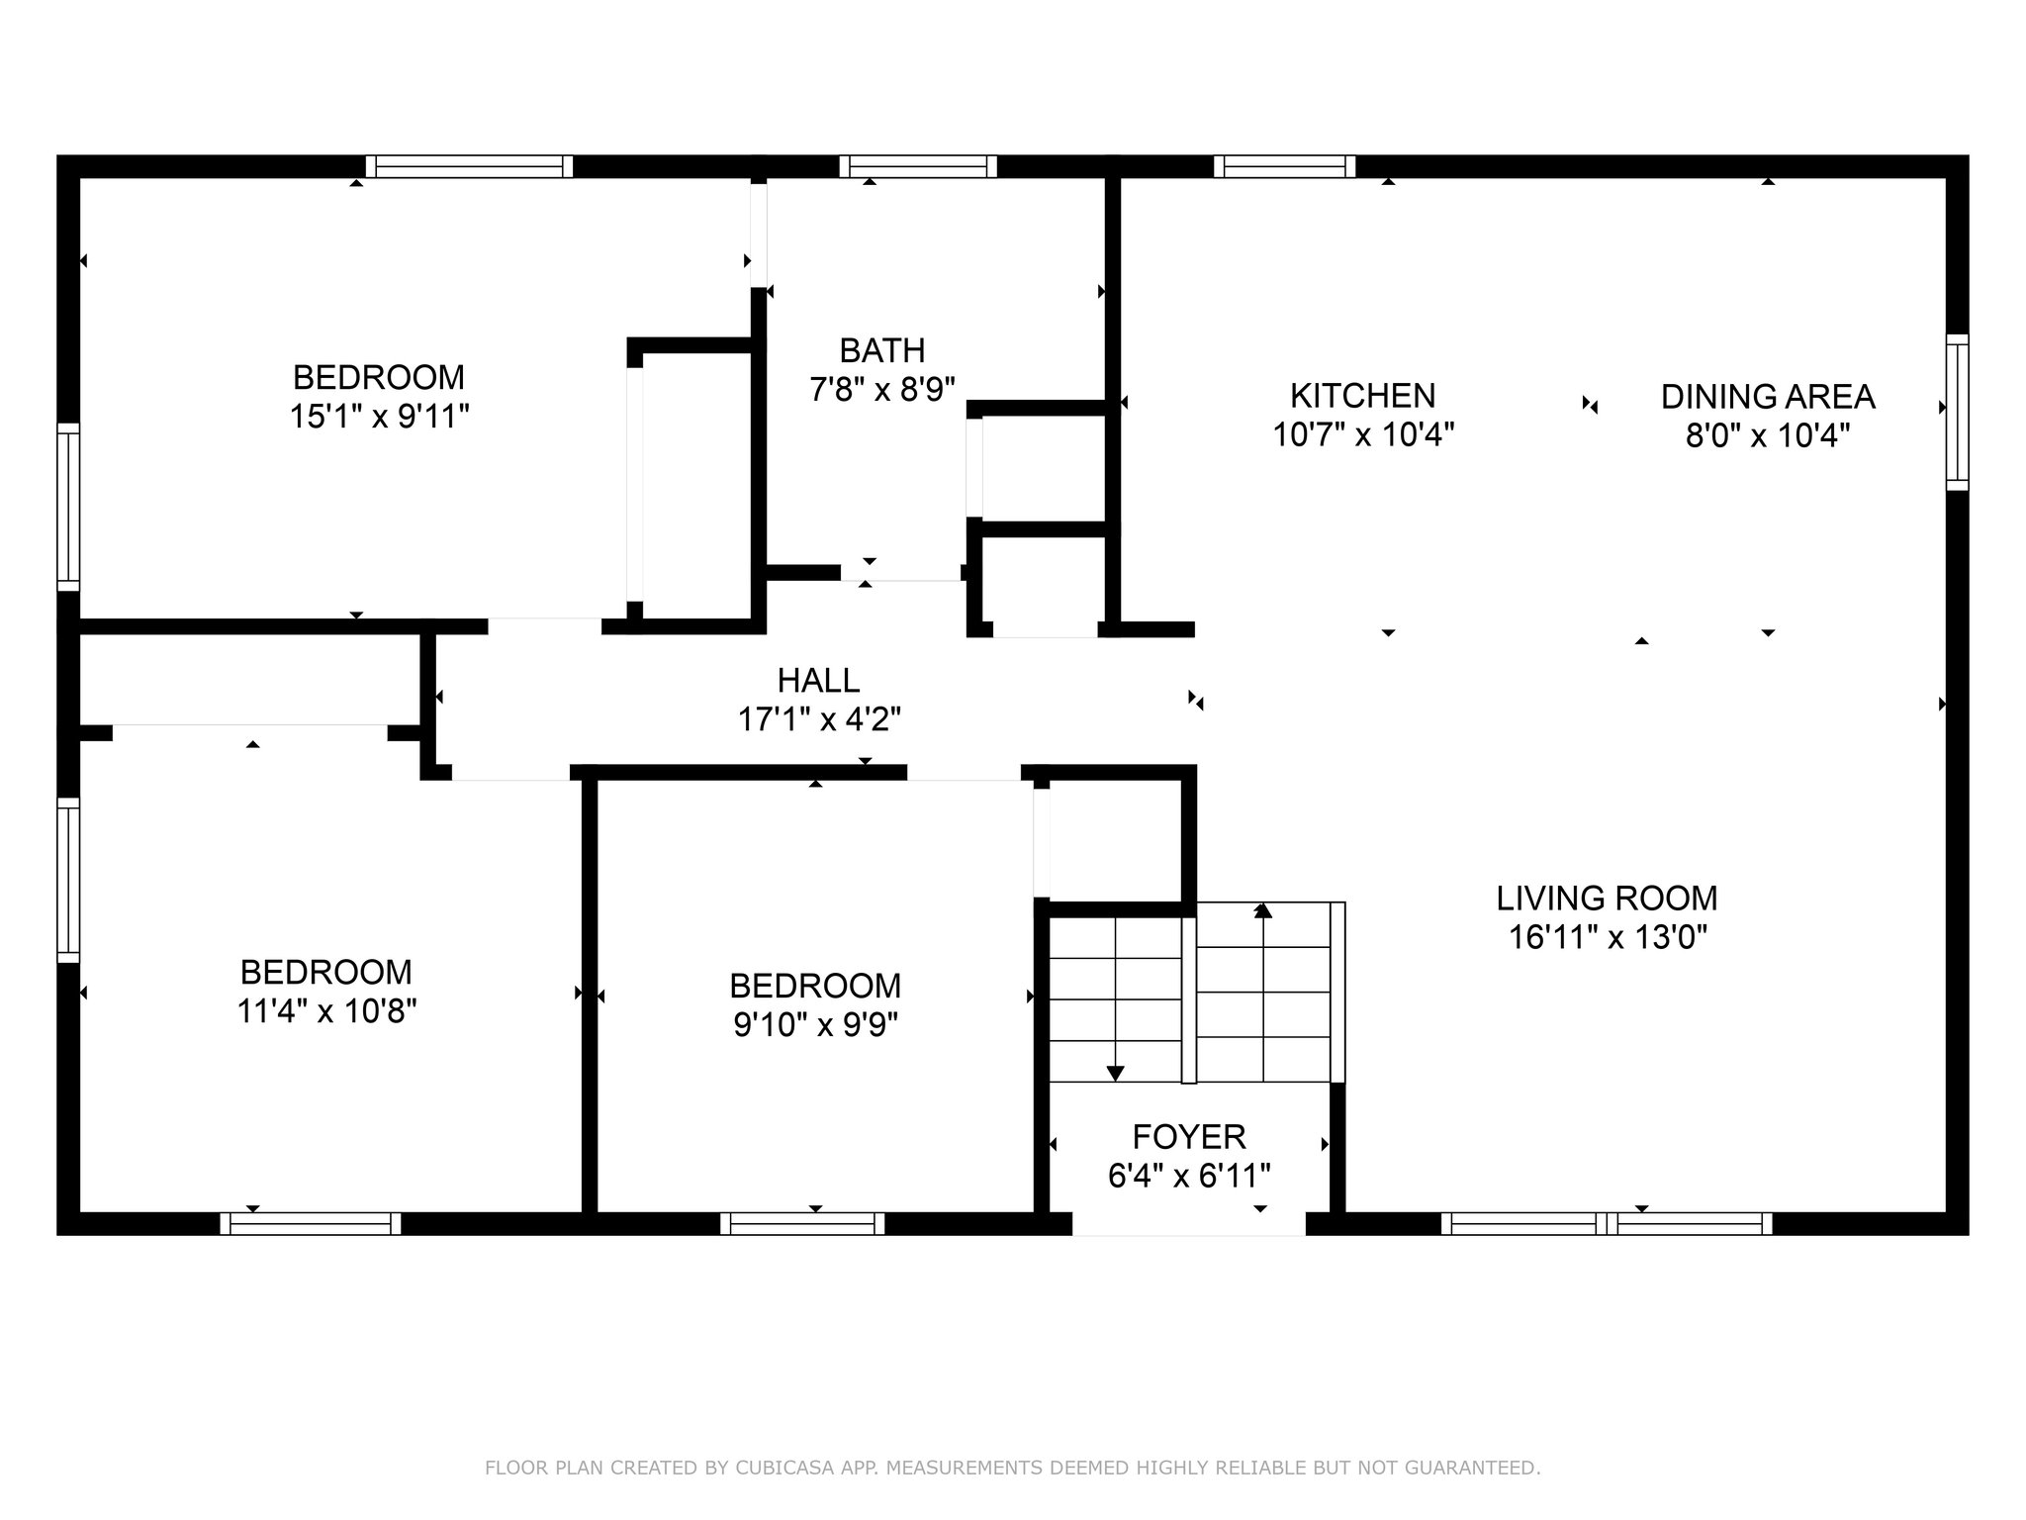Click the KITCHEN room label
coord(1362,396)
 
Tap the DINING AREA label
coord(1768,397)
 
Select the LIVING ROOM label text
coord(1607,899)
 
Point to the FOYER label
coord(1189,1136)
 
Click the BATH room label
coord(882,350)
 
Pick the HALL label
coord(818,680)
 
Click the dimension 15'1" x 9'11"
coord(379,417)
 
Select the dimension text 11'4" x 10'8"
coord(326,1011)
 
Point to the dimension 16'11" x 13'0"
coord(1608,937)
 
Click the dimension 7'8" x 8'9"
coord(882,390)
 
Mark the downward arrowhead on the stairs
coord(1115,1073)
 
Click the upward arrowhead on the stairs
coord(1262,909)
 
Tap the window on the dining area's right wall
coord(1958,412)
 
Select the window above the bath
coord(918,166)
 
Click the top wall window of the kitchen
coord(1284,166)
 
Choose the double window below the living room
coord(1607,1224)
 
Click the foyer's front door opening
coord(1189,1224)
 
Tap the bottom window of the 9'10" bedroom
coord(802,1224)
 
